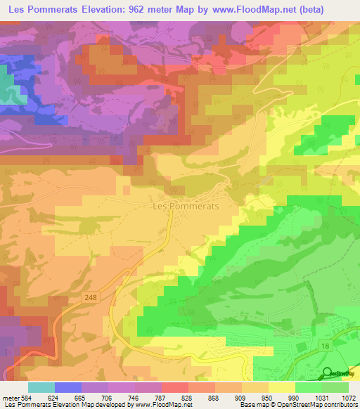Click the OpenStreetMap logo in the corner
(x=340, y=373)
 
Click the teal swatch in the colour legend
(x=41, y=388)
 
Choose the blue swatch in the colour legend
(x=68, y=388)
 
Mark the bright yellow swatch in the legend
(x=282, y=388)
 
